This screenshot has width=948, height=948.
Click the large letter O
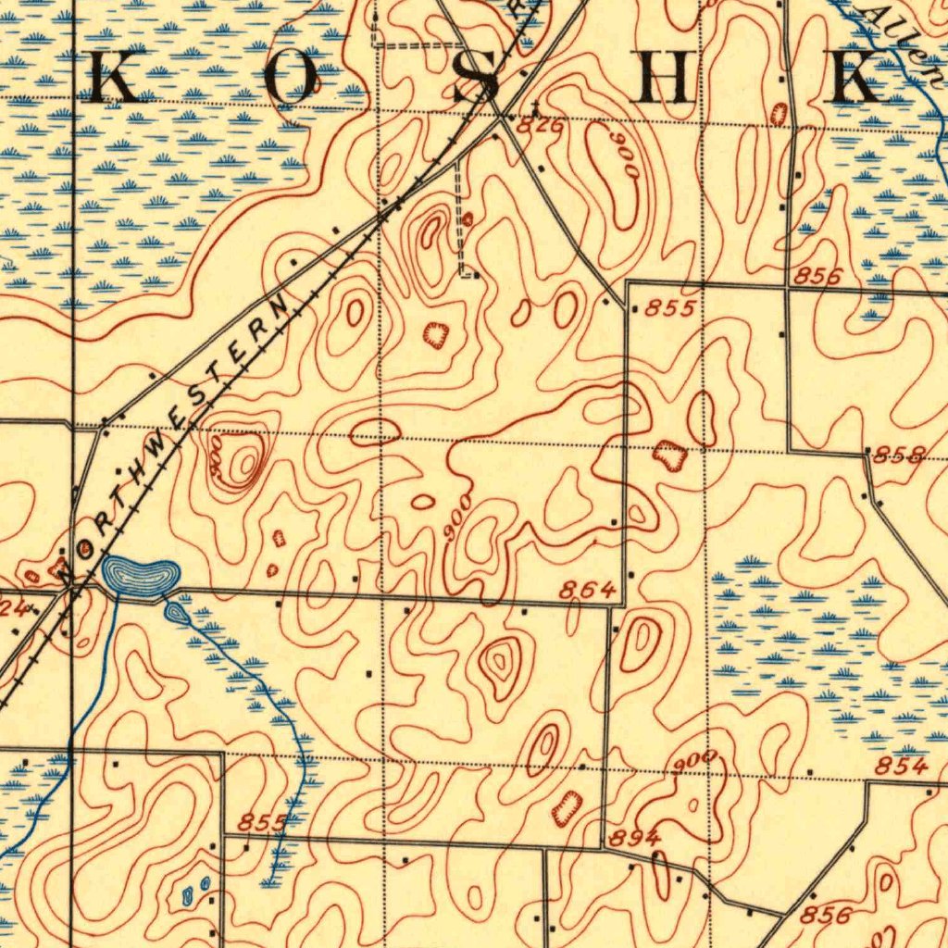pyautogui.click(x=292, y=80)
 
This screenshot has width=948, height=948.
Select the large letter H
pyautogui.click(x=669, y=80)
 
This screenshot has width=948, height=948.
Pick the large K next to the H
pyautogui.click(x=855, y=80)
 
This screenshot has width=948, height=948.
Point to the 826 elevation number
pyautogui.click(x=539, y=128)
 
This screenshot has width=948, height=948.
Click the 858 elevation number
pyautogui.click(x=900, y=454)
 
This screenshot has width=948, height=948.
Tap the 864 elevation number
pyautogui.click(x=588, y=590)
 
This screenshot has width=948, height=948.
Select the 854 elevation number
pyautogui.click(x=901, y=766)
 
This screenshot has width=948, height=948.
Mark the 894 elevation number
pyautogui.click(x=634, y=838)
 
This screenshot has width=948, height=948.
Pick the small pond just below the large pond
pyautogui.click(x=175, y=611)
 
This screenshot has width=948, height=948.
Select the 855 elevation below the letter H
pyautogui.click(x=668, y=308)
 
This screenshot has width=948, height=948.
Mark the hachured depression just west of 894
pyautogui.click(x=567, y=808)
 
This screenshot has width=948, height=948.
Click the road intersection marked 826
pyautogui.click(x=501, y=117)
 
